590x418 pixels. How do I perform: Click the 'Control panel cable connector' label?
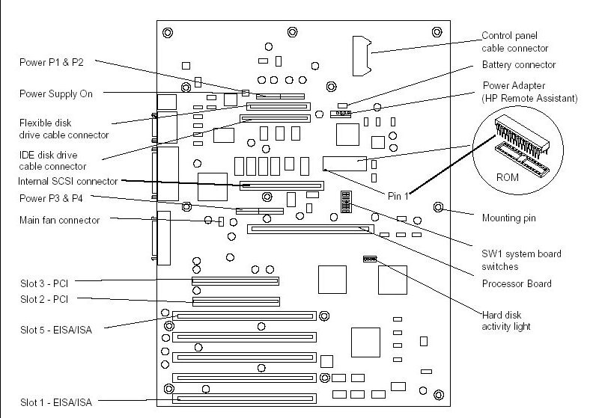pyautogui.click(x=514, y=42)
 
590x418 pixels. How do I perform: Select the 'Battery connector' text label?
pyautogui.click(x=519, y=64)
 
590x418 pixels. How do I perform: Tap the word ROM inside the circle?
pyautogui.click(x=507, y=177)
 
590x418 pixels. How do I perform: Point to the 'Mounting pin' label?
pyautogui.click(x=508, y=218)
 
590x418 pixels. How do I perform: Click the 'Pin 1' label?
pyautogui.click(x=398, y=196)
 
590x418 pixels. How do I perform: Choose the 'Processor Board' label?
pyautogui.click(x=517, y=283)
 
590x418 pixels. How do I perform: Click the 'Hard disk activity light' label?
pyautogui.click(x=506, y=321)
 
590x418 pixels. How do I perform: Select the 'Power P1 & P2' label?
pyautogui.click(x=52, y=62)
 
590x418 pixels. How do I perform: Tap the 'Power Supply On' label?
pyautogui.click(x=56, y=93)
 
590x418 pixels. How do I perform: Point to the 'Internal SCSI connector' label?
pyautogui.click(x=67, y=181)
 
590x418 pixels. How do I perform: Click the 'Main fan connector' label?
pyautogui.click(x=59, y=220)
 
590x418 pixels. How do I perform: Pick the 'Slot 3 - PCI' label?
pyautogui.click(x=44, y=283)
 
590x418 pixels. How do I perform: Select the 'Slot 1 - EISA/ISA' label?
pyautogui.click(x=56, y=402)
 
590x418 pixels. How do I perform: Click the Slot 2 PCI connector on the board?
pyautogui.click(x=236, y=301)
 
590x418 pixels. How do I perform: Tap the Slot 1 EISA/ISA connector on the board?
pyautogui.click(x=245, y=399)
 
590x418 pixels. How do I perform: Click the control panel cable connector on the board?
pyautogui.click(x=362, y=56)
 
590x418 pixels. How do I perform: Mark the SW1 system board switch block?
pyautogui.click(x=346, y=202)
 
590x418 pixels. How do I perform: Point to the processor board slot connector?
pyautogui.click(x=311, y=229)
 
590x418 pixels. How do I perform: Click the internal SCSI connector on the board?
pyautogui.click(x=282, y=185)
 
